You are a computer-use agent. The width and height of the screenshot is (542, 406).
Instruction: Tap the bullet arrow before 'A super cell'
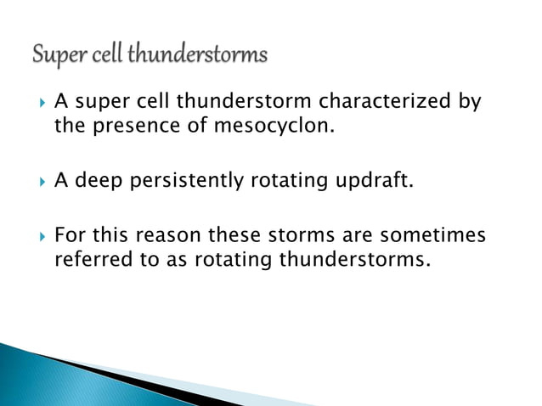pos(35,104)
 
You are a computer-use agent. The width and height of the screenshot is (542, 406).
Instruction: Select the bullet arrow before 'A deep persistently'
pos(35,181)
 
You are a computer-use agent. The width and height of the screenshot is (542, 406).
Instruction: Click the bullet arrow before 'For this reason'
pos(35,234)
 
